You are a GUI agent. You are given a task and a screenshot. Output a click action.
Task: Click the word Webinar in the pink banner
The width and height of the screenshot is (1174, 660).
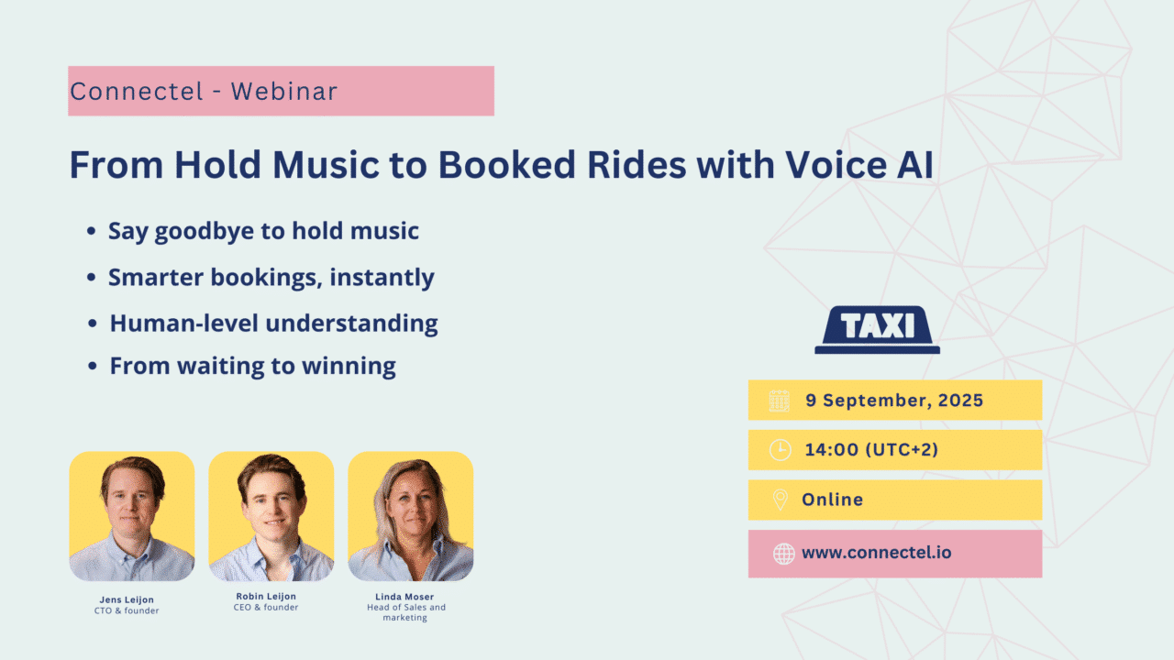coord(284,91)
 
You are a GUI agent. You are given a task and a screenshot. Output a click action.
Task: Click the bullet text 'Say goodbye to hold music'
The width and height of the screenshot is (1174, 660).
coord(263,231)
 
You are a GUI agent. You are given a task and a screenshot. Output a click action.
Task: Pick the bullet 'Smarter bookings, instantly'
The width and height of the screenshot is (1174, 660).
coord(271,277)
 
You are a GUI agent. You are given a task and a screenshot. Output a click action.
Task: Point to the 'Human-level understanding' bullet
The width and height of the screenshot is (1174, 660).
coord(273,324)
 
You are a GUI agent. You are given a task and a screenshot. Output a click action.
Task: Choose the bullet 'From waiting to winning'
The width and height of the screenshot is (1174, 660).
coord(252,366)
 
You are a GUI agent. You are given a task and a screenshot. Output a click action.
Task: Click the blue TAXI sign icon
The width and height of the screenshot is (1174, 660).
coord(878,330)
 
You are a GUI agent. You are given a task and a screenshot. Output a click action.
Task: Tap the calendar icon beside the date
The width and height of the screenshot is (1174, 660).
coord(780,401)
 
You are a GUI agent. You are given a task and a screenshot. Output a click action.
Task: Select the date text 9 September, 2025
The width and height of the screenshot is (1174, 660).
coord(894,401)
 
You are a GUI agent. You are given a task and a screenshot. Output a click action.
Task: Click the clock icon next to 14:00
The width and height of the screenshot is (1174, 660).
coord(781,450)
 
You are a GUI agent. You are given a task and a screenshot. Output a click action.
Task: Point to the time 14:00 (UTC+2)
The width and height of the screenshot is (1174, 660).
coord(871,449)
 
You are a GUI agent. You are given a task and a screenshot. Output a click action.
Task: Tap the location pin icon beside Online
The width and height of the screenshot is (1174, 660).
coord(781,500)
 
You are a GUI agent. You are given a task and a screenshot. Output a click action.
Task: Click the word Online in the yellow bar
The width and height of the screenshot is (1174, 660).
coord(832,500)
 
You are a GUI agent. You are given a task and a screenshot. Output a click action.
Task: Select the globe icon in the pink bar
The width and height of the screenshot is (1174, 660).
coord(784,554)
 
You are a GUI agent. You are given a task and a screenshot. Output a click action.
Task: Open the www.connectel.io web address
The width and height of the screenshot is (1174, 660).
coord(876,553)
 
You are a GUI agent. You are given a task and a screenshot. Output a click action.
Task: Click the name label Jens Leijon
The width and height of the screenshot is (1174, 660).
coord(127,599)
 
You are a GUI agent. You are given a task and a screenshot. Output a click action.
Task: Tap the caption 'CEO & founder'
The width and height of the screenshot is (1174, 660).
coord(266,607)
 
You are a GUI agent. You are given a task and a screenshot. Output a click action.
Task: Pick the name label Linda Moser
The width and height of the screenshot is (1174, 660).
coord(404,597)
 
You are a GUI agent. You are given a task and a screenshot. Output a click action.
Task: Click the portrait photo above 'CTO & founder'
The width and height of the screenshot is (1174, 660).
coord(132,516)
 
